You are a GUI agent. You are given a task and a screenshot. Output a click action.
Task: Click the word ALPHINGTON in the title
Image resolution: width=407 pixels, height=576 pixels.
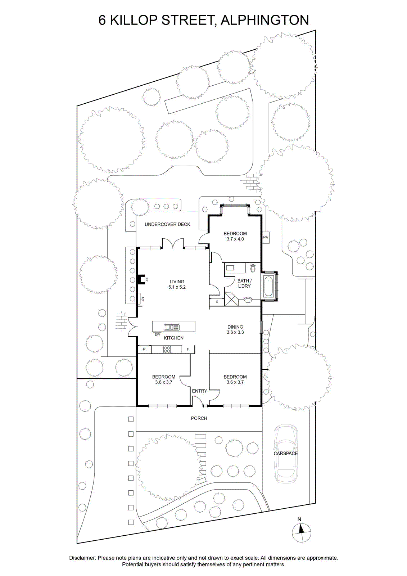pyautogui.click(x=265, y=20)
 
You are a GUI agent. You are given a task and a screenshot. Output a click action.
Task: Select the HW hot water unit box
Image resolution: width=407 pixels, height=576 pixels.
pyautogui.click(x=266, y=237)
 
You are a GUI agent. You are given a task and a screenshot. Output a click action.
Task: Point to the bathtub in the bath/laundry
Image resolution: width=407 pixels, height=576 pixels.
pyautogui.click(x=268, y=286)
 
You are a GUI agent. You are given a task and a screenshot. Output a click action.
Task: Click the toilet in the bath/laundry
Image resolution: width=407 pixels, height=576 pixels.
pyautogui.click(x=253, y=268)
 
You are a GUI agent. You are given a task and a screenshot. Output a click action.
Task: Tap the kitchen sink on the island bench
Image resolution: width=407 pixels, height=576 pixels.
pyautogui.click(x=172, y=327)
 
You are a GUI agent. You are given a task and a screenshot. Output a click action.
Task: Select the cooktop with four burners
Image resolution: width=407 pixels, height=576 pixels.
pyautogui.click(x=167, y=349)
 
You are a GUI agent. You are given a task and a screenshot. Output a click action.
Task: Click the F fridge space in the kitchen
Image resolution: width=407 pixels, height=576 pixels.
pyautogui.click(x=188, y=349)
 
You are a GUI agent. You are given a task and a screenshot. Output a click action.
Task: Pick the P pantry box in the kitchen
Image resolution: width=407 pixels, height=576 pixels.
pyautogui.click(x=144, y=349)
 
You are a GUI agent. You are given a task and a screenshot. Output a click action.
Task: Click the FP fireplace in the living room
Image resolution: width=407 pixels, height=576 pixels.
pyautogui.click(x=141, y=279)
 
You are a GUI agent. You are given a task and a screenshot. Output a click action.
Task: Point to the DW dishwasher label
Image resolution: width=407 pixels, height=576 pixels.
pyautogui.click(x=157, y=334)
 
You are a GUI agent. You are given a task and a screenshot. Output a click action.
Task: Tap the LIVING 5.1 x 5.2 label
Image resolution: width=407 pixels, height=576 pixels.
pyautogui.click(x=177, y=284)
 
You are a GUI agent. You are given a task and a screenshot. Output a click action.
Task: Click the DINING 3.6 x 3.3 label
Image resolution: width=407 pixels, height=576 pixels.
pyautogui.click(x=235, y=329)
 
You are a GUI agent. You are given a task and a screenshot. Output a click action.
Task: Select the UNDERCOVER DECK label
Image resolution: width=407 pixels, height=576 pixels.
pyautogui.click(x=167, y=224)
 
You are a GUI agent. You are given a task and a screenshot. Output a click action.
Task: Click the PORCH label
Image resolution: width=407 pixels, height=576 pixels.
pyautogui.click(x=199, y=418)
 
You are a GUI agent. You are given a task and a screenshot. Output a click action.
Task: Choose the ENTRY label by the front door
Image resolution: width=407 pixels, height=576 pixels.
pyautogui.click(x=199, y=391)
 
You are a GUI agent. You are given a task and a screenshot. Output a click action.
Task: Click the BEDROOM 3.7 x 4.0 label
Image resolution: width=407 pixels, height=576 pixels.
pyautogui.click(x=235, y=236)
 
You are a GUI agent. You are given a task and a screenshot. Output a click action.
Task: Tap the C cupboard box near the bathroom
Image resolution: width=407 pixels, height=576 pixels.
pyautogui.click(x=217, y=302)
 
